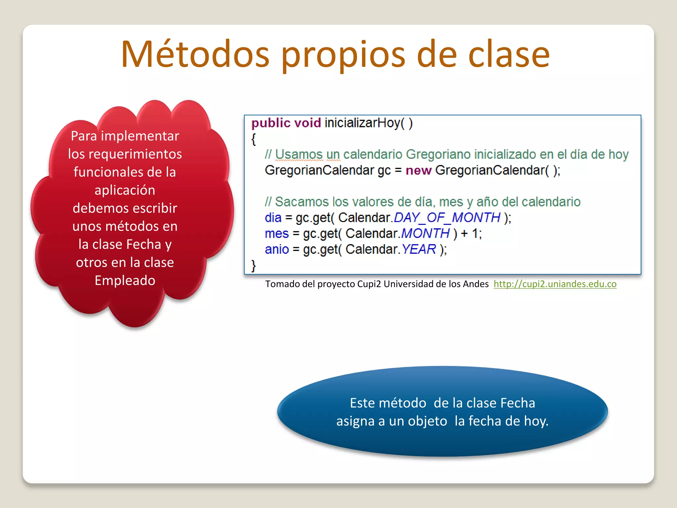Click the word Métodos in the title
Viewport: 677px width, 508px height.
point(195,55)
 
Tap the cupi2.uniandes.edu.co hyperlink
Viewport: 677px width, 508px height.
point(555,284)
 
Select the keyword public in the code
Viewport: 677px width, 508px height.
point(271,123)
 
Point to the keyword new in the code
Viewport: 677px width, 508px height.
point(418,170)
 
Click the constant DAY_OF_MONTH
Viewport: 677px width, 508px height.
point(447,218)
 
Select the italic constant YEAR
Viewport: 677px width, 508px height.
point(419,249)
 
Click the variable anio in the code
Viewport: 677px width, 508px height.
point(277,249)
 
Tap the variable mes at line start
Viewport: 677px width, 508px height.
point(277,234)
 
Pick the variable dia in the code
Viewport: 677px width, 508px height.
point(273,218)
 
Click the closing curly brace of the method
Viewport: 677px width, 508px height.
point(254,266)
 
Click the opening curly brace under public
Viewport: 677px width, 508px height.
point(254,139)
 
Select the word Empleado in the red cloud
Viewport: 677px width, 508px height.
point(125,280)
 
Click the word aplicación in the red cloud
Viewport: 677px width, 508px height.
point(125,190)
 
